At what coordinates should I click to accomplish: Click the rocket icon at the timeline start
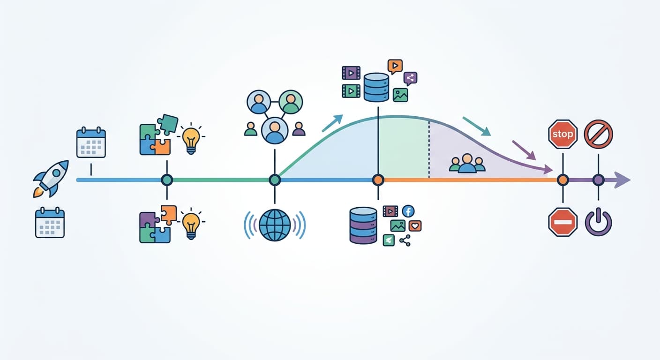coord(51,179)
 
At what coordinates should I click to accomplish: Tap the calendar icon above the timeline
coord(91,142)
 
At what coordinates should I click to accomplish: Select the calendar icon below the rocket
coord(50,223)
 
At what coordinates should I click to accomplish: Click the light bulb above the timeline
coord(191,138)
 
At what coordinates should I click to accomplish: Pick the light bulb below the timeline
coord(191,224)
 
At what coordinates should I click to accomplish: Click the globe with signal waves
coord(275,225)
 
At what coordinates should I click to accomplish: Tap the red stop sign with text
coord(563,134)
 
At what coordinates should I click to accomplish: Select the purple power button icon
coord(599,223)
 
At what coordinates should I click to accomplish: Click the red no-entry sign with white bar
coord(563,222)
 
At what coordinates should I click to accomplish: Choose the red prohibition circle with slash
coord(599,134)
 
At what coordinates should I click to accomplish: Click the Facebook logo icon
coord(408,211)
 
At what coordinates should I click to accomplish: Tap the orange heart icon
coord(415,226)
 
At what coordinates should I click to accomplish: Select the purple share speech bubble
coord(410,78)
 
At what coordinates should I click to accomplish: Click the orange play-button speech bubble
coord(395,66)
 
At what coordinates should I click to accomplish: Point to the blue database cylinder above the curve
coord(376,88)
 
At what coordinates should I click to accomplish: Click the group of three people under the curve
coord(467,163)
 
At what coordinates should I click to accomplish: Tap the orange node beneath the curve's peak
coord(378,180)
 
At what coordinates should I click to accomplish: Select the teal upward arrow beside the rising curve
coord(332,123)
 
